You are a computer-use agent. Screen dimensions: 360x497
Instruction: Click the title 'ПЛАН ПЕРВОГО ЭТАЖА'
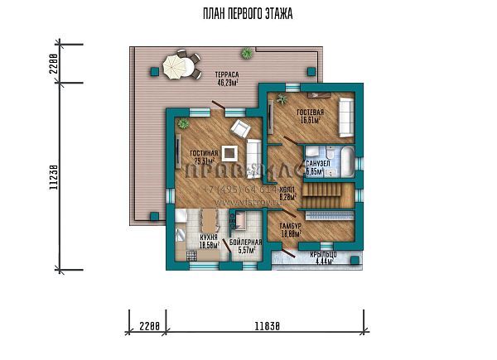tap(248, 14)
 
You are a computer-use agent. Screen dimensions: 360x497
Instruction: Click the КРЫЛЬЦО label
tap(317, 258)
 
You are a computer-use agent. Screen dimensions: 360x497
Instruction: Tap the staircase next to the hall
tap(321, 196)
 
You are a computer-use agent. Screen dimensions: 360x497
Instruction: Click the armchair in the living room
tap(242, 129)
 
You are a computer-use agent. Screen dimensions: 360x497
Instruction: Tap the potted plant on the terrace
tap(247, 54)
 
